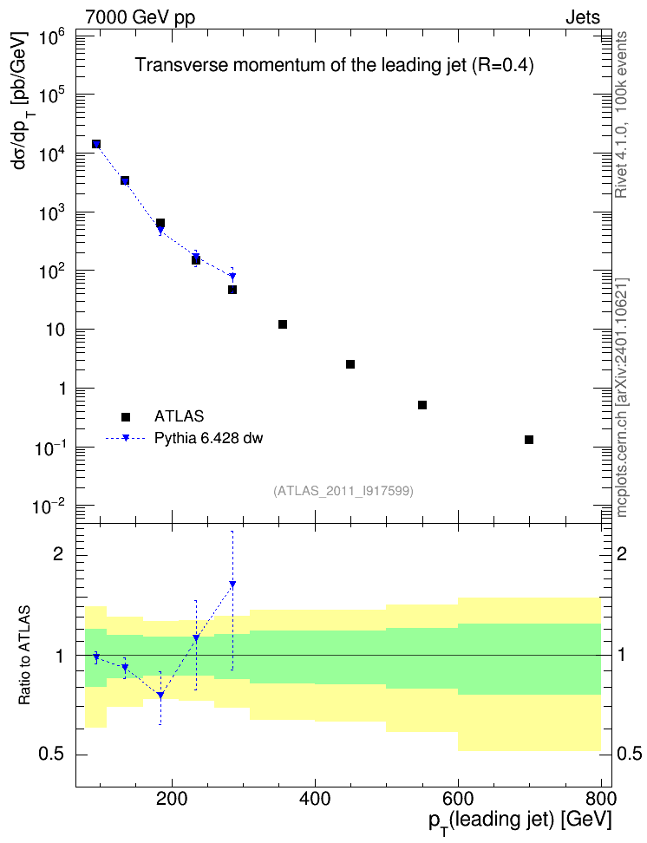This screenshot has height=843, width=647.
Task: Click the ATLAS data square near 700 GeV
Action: pos(529,440)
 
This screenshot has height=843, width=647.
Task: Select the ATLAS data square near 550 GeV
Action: pos(422,405)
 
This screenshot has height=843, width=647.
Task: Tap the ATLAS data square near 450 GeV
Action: pos(350,364)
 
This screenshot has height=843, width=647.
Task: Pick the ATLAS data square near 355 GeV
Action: pos(283,324)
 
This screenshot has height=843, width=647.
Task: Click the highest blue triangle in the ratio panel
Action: pos(232,584)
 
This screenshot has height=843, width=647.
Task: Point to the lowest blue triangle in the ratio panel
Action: pos(160,696)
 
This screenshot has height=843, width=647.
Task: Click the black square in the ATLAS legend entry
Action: pos(125,416)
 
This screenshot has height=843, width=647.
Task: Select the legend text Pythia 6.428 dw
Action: pos(209,438)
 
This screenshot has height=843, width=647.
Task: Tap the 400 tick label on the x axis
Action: pos(315,799)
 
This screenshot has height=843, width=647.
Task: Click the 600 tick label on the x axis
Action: pos(458,799)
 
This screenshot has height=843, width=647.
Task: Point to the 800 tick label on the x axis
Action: pos(600,799)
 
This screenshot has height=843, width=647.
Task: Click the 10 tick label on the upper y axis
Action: pos(56,330)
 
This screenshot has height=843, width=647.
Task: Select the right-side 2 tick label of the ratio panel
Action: pos(622,554)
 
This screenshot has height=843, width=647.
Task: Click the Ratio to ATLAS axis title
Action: pos(24,656)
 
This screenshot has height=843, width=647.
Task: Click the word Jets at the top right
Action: pos(583,17)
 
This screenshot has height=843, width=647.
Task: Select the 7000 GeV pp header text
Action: pos(140,17)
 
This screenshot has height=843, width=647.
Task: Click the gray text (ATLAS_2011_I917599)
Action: pos(343,491)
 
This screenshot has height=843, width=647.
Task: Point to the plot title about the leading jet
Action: pos(334,65)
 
